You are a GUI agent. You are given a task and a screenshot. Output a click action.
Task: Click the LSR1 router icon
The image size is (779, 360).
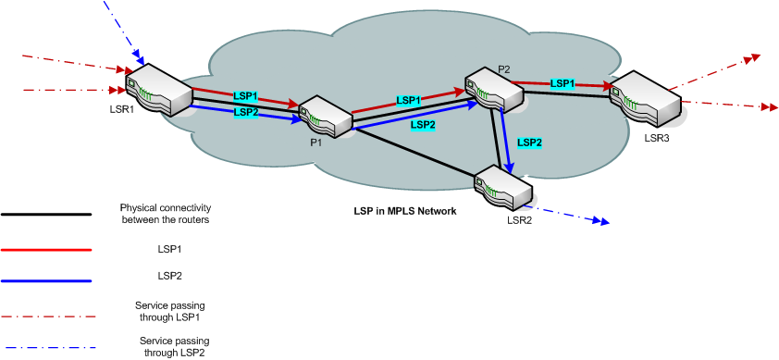[158, 87]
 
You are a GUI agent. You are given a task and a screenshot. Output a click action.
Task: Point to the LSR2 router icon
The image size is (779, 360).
[504, 188]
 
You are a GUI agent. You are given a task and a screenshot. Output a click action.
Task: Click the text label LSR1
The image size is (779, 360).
[121, 110]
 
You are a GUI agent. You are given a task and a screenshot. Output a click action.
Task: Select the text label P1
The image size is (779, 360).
[315, 143]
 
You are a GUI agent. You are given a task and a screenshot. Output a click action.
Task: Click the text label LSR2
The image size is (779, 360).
[519, 218]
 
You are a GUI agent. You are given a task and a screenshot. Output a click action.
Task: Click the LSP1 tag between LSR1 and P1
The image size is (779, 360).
[245, 96]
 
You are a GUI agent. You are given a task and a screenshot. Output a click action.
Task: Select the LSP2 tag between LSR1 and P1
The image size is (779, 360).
[245, 112]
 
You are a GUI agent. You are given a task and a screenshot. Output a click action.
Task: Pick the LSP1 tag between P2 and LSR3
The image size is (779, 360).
[563, 83]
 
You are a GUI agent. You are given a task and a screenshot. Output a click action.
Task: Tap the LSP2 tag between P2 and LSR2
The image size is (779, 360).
[529, 143]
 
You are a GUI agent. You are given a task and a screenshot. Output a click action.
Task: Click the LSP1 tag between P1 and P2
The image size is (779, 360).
[409, 100]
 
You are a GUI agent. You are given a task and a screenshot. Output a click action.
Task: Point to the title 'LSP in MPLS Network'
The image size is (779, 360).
[405, 212]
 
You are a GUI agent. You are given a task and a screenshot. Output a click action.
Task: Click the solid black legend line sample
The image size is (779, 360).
[46, 214]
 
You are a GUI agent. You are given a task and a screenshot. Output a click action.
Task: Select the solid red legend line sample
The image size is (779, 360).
[46, 250]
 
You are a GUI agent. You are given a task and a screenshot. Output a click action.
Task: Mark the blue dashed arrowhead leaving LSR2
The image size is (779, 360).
[601, 222]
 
